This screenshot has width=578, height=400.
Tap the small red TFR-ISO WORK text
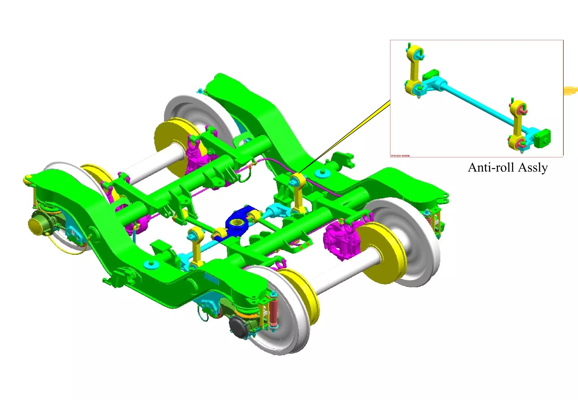(400, 156)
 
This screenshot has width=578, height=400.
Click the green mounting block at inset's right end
(542, 138)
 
